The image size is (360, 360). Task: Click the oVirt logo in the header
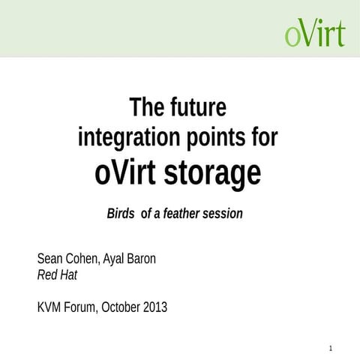click(x=315, y=32)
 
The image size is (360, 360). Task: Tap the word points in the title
click(x=217, y=137)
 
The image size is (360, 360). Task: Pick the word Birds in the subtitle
click(x=121, y=214)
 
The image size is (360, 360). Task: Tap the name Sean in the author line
click(x=50, y=259)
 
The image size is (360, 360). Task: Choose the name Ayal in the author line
click(x=123, y=259)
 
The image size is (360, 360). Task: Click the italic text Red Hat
click(x=57, y=274)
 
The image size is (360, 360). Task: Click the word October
click(x=123, y=307)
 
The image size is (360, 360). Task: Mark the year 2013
click(x=157, y=307)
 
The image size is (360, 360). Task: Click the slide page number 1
click(x=331, y=348)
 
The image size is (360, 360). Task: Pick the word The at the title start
click(x=145, y=107)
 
